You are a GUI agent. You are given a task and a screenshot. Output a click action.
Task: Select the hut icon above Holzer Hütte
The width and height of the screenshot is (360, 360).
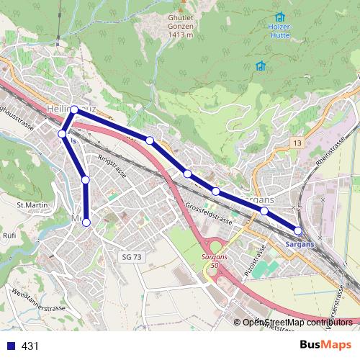(279, 17)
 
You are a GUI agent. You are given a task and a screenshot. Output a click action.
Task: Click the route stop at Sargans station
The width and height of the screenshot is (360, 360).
(299, 230)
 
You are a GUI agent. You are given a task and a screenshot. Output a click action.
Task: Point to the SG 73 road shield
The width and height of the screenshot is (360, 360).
(130, 256)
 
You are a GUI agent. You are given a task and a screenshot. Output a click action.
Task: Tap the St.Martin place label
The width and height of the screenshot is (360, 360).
(32, 205)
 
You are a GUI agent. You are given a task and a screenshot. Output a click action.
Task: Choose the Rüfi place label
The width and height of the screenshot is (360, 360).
(9, 235)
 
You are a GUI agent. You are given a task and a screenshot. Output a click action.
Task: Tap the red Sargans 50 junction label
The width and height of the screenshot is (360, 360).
(210, 261)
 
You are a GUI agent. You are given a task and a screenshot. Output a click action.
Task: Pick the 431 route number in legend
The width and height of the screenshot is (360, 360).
(30, 346)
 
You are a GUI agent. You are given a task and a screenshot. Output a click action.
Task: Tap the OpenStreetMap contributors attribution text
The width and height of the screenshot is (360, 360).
(297, 322)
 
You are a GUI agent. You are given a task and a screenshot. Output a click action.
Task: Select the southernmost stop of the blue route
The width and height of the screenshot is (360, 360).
(86, 222)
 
